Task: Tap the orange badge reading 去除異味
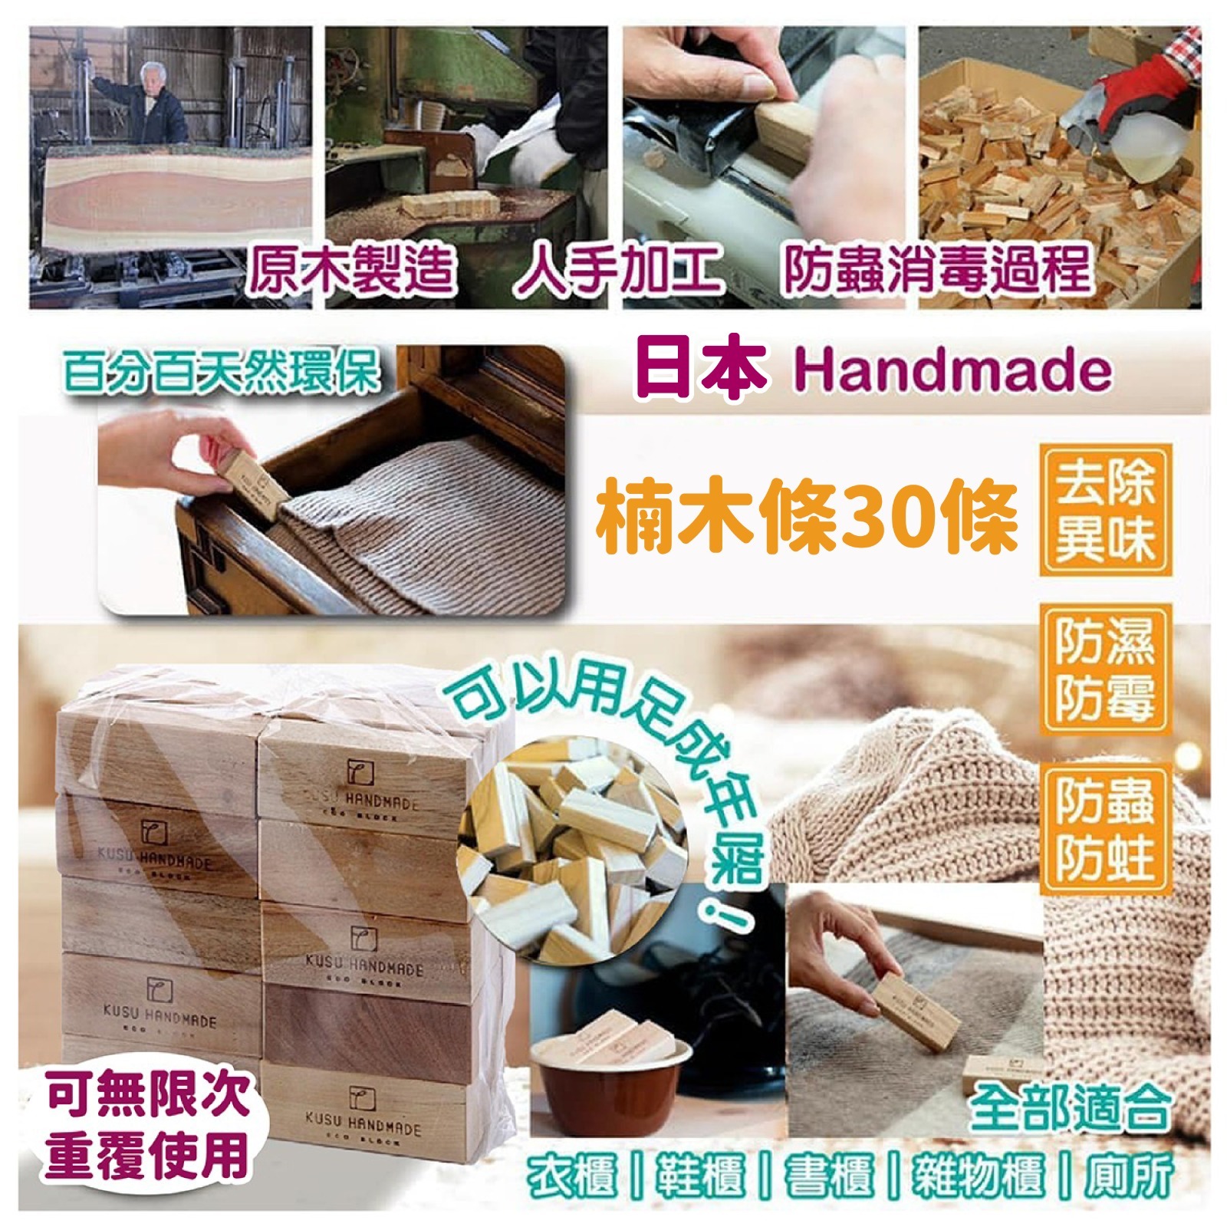coord(1105,510)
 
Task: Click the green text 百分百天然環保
coord(222,373)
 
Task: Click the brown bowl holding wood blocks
coord(606,1074)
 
